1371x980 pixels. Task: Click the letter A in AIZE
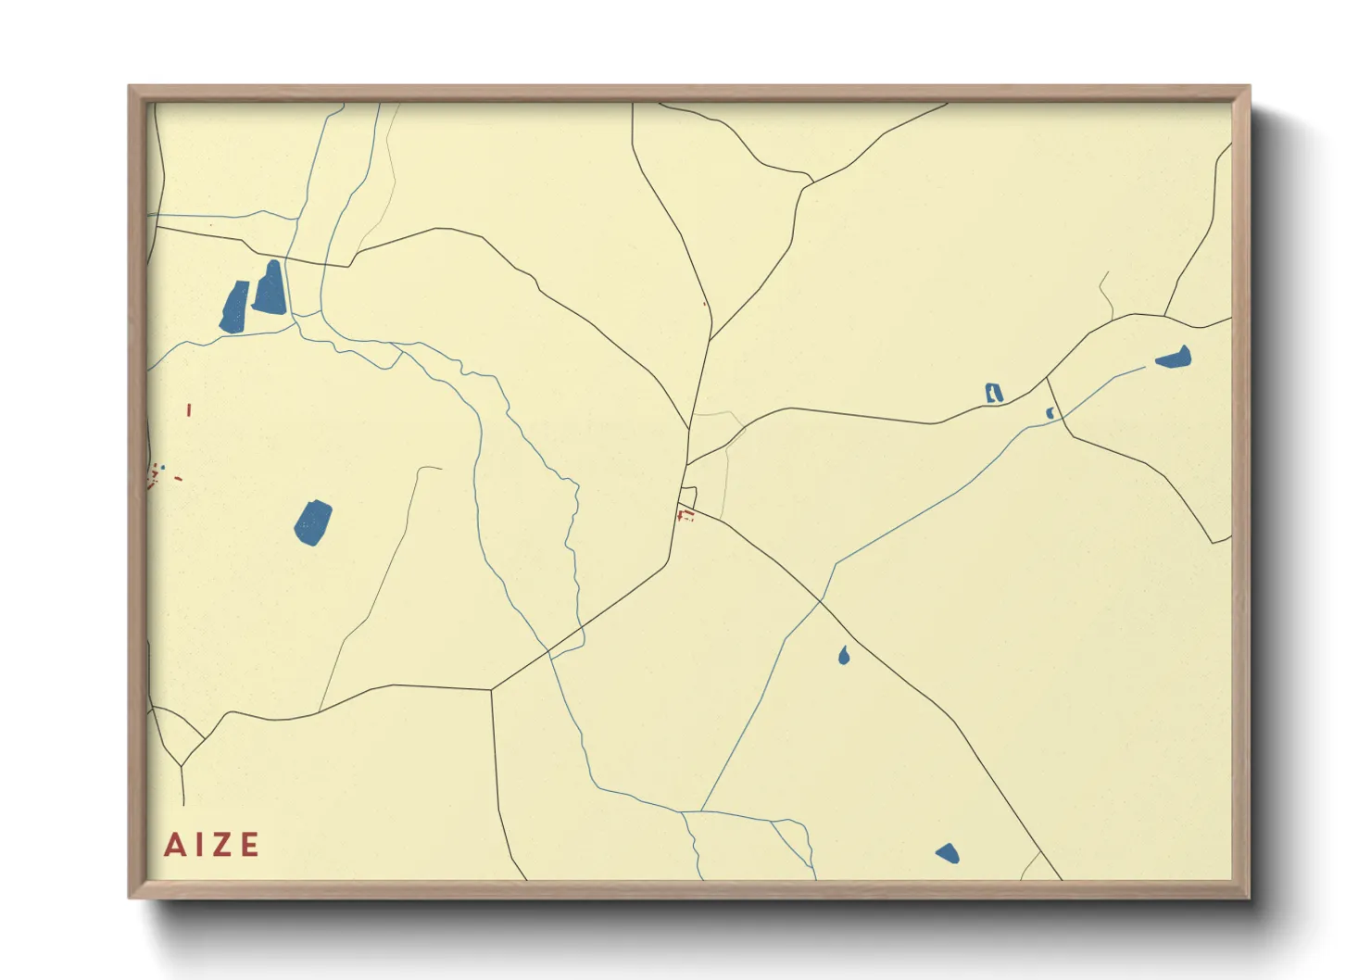pyautogui.click(x=173, y=845)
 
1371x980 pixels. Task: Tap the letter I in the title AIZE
pyautogui.click(x=198, y=845)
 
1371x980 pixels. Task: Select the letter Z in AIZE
pyautogui.click(x=222, y=845)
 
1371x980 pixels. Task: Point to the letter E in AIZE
pyautogui.click(x=250, y=845)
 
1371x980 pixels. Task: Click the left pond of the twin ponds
pyautogui.click(x=234, y=307)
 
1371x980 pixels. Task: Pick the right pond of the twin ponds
pyautogui.click(x=269, y=288)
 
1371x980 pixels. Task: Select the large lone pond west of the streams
pyautogui.click(x=313, y=523)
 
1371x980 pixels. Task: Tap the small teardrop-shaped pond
pyautogui.click(x=844, y=656)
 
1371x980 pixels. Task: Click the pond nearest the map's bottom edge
pyautogui.click(x=947, y=853)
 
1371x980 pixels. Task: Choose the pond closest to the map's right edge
pyautogui.click(x=1174, y=358)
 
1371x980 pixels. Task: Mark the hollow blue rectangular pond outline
pyautogui.click(x=994, y=393)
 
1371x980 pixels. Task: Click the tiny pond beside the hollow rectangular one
pyautogui.click(x=1050, y=413)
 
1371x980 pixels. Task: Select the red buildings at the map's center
pyautogui.click(x=685, y=514)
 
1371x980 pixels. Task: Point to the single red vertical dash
pyautogui.click(x=189, y=409)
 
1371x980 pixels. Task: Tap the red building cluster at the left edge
pyautogui.click(x=154, y=478)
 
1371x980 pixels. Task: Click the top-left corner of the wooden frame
pyautogui.click(x=131, y=87)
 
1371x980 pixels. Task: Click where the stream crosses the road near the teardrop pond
pyautogui.click(x=821, y=602)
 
